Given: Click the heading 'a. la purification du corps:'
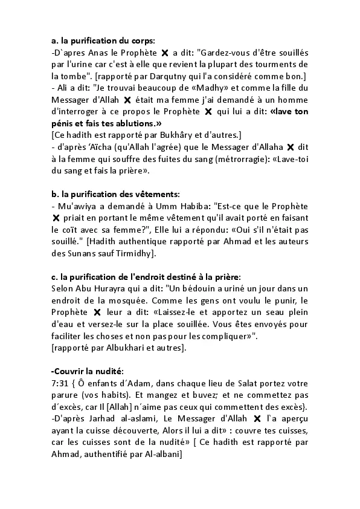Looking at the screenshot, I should coord(103,41).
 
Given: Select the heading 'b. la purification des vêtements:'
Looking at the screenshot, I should coord(115,194).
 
